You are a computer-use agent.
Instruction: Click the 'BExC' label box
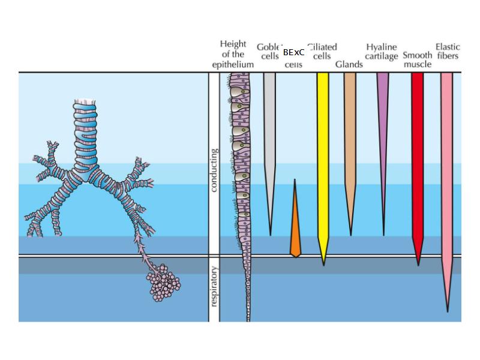pyautogui.click(x=293, y=52)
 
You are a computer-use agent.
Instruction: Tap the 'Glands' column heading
pyautogui.click(x=349, y=64)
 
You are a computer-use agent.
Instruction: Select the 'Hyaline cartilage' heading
pyautogui.click(x=382, y=52)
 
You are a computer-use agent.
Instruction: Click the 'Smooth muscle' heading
pyautogui.click(x=418, y=59)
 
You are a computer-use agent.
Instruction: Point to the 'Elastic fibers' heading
pyautogui.click(x=448, y=52)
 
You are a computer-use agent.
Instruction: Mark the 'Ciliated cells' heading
pyautogui.click(x=323, y=52)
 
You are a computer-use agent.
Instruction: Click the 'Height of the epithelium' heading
pyautogui.click(x=233, y=54)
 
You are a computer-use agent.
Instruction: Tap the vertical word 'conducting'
pyautogui.click(x=214, y=170)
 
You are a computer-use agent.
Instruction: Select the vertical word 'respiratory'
pyautogui.click(x=214, y=286)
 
